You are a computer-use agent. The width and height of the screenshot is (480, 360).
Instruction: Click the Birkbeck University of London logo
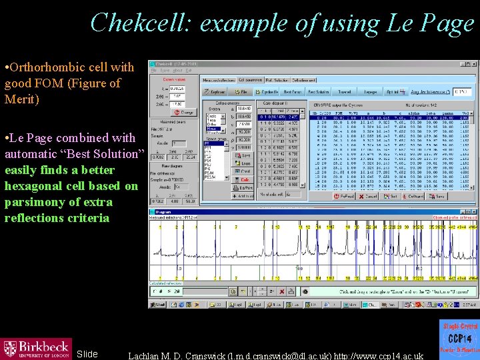click(36, 348)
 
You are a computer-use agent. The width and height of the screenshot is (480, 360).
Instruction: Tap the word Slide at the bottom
click(87, 353)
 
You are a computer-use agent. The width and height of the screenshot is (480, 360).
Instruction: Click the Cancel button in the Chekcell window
click(368, 197)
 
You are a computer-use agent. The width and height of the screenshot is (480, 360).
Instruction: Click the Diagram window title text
click(165, 211)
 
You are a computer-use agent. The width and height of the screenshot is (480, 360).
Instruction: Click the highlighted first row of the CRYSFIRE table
click(393, 118)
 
